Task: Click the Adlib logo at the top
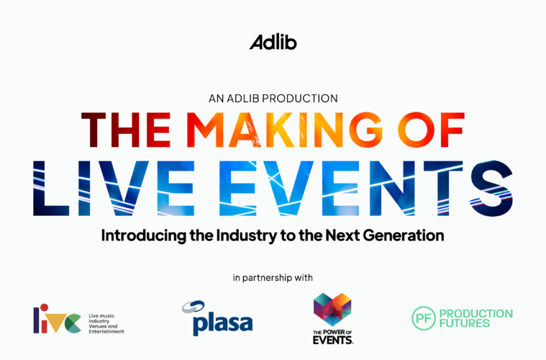tap(273, 42)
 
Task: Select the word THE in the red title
tap(126, 130)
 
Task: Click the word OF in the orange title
tap(431, 130)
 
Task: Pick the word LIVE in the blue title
tap(114, 188)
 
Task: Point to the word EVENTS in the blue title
tap(365, 188)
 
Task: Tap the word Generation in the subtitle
tap(404, 235)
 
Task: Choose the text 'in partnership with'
tap(273, 278)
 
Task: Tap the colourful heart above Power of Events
tap(332, 309)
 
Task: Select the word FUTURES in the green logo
tap(465, 323)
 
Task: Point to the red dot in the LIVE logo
tap(44, 307)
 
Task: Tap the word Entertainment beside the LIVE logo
tap(106, 331)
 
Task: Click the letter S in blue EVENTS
tap(491, 188)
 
